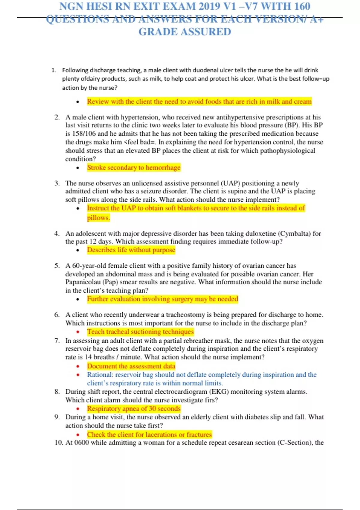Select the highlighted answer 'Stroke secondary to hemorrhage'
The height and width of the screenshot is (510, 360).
(134, 167)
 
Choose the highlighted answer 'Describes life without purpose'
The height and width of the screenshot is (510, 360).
(131, 250)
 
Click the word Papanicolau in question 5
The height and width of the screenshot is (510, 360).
(83, 282)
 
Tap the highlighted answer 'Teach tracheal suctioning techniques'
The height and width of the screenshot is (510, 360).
(140, 331)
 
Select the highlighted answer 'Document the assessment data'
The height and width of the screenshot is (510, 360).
(131, 366)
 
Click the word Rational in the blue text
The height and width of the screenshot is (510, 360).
(99, 375)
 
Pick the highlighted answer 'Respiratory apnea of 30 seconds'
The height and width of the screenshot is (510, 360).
(134, 409)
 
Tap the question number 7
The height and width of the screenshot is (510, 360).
(57, 341)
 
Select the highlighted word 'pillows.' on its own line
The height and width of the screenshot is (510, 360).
(98, 218)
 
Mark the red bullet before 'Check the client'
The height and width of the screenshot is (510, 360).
(78, 435)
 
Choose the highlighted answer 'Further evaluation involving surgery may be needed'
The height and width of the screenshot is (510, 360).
(162, 299)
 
